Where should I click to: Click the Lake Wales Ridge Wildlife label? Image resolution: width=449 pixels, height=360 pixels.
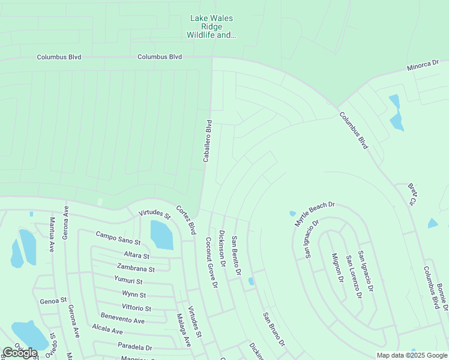tap(211, 27)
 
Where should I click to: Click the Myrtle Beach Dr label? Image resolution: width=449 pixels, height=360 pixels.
tap(314, 214)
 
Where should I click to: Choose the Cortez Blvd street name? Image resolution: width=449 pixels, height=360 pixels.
tap(186, 220)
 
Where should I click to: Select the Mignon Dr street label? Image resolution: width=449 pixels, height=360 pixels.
tap(337, 268)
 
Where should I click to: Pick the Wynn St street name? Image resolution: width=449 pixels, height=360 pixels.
tap(134, 295)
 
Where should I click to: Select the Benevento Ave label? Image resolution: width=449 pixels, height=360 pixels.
tap(122, 321)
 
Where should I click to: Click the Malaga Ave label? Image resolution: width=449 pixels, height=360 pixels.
tap(183, 330)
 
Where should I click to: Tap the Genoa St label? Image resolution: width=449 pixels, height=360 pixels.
tap(53, 300)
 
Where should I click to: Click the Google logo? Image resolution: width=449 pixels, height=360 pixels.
tap(20, 353)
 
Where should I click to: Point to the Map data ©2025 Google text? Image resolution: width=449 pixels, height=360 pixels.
tap(412, 355)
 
